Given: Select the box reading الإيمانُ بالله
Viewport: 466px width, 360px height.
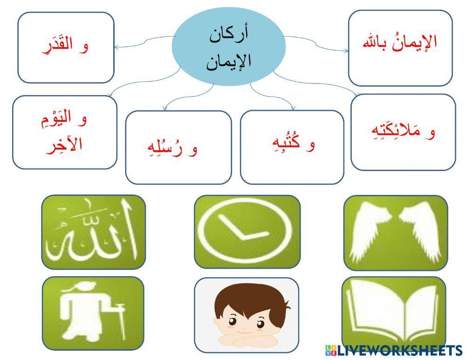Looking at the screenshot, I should [x=400, y=48].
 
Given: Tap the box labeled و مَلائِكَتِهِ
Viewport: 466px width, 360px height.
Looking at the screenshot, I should [x=403, y=132].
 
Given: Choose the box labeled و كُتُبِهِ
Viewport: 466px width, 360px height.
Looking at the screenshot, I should [x=292, y=147].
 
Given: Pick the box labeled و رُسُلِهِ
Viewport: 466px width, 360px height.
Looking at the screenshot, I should [x=178, y=147].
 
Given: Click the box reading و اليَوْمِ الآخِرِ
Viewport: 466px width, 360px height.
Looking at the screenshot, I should [x=64, y=132].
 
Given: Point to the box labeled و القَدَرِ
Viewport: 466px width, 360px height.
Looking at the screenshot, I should [x=66, y=47].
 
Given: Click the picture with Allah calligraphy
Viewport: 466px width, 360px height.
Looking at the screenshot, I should [x=93, y=232].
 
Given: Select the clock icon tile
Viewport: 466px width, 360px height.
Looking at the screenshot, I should [x=247, y=231].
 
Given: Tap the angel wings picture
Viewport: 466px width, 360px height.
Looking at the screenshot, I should [x=395, y=232].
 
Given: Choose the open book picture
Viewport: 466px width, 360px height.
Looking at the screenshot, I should [x=394, y=312].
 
